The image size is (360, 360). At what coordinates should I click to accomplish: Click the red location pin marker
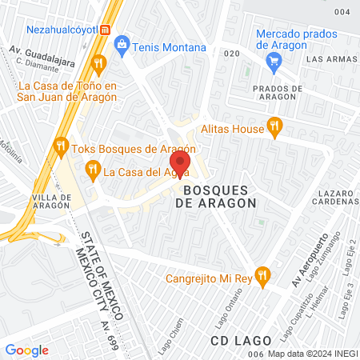click(179, 162)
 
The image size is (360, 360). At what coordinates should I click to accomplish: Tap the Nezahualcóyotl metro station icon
click(103, 29)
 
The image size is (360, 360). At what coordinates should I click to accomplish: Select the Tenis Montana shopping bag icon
click(122, 46)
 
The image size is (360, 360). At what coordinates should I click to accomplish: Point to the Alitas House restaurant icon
click(276, 125)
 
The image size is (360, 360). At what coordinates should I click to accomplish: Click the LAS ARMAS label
click(330, 59)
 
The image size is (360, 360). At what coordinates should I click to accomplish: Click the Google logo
click(26, 350)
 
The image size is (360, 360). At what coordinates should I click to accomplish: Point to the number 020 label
click(232, 54)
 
